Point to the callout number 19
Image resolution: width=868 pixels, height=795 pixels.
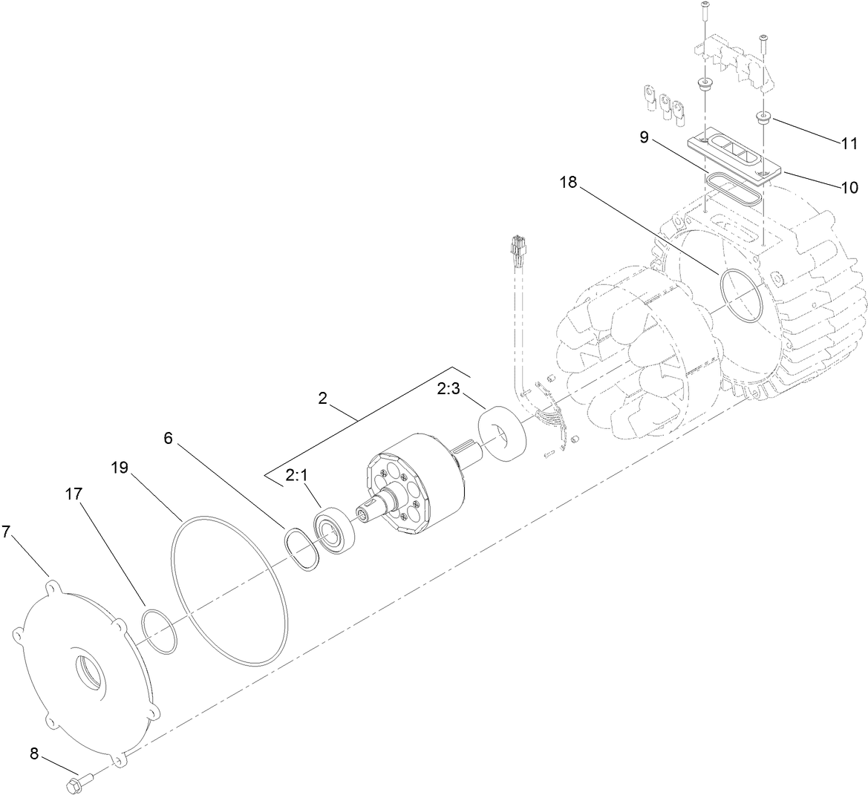click(120, 468)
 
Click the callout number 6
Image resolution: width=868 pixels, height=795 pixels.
click(168, 438)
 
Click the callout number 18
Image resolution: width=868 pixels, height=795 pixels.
click(568, 183)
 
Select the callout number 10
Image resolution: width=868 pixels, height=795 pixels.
click(849, 187)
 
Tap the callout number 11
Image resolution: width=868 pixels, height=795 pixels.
click(849, 143)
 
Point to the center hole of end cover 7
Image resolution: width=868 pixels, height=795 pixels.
click(90, 671)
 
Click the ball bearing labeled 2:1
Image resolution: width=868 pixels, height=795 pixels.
click(333, 528)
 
